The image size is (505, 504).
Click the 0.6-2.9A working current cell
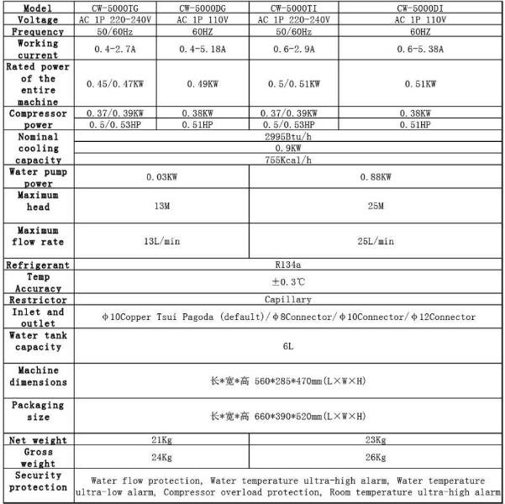[294, 49]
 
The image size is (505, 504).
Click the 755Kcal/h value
[289, 160]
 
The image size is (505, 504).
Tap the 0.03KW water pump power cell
[161, 177]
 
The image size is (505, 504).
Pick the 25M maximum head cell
[376, 206]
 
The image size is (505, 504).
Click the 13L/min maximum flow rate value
[161, 241]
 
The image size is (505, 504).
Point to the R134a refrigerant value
[289, 265]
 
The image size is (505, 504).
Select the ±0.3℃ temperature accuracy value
[289, 281]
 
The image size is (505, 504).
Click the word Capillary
[289, 299]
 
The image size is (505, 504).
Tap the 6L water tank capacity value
[289, 344]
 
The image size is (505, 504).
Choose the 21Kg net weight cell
[161, 440]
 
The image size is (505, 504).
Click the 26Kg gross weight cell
[376, 458]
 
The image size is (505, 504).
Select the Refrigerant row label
[38, 265]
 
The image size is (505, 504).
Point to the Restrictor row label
[38, 299]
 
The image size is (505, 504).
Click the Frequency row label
[38, 31]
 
